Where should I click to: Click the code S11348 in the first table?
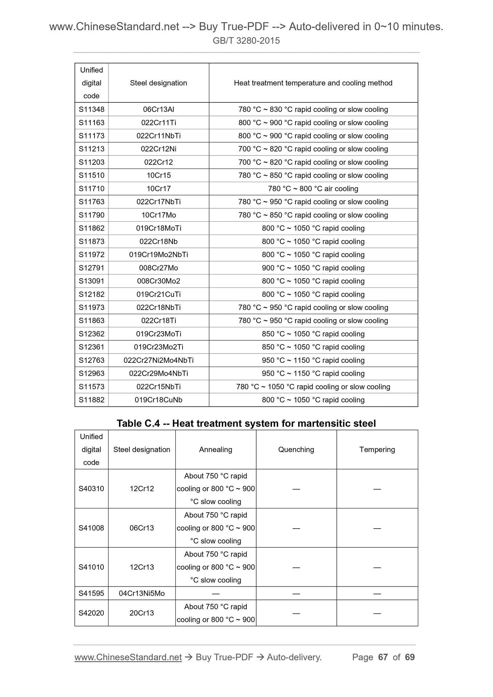pos(91,109)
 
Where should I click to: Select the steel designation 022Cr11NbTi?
pos(158,136)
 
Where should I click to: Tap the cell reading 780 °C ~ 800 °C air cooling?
pos(313,189)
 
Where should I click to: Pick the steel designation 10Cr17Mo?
pos(158,215)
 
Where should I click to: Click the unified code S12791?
pos(91,268)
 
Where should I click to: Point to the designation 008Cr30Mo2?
pos(158,281)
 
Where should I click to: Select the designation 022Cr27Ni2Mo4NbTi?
pos(158,360)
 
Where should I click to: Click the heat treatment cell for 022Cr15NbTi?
pos(313,387)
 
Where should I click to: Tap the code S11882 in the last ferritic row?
pos(91,400)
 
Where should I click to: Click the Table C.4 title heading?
pos(246,424)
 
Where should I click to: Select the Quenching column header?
pos(296,449)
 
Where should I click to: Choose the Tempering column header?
pos(377,449)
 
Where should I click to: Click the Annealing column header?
pos(215,449)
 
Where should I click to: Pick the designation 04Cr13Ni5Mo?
pos(142,593)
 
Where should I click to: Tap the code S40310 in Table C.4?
pos(91,489)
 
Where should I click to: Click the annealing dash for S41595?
pos(215,594)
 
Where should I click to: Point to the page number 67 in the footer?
pos(383,657)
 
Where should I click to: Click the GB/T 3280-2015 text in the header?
pos(246,41)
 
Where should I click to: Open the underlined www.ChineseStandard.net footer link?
pos(128,657)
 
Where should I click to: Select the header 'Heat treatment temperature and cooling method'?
pos(313,83)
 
